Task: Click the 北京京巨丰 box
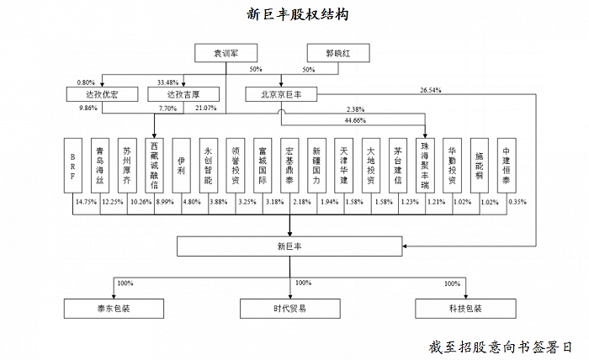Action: [282, 94]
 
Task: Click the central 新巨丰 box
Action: [290, 247]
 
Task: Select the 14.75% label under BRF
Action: [86, 202]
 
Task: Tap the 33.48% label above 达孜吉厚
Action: [168, 82]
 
